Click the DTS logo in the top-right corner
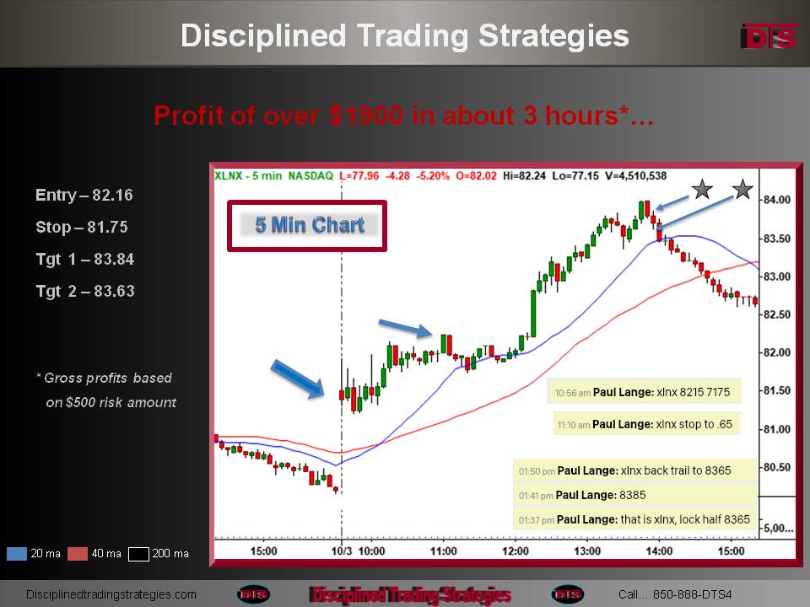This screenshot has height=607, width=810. coord(769,36)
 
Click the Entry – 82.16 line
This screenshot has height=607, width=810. coord(84,195)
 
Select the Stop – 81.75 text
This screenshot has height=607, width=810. coord(82,227)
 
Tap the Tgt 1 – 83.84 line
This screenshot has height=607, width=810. coord(85,259)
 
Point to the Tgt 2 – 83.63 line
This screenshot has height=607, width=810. coord(85,291)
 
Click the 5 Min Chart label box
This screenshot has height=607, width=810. coord(307,226)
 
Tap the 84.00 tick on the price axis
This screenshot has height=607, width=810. coord(776,200)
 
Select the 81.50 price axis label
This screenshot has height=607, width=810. coord(776,390)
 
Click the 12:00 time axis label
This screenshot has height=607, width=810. coord(515,551)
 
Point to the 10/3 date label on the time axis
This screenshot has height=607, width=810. coord(342,551)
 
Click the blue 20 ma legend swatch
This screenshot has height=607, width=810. coord(17,554)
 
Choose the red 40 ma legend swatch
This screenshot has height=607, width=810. coord(78,554)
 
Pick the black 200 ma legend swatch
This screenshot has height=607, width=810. coord(138,554)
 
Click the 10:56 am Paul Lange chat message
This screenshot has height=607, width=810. coord(644,392)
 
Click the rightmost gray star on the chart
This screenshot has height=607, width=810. coord(742,190)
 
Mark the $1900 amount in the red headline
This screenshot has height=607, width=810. coord(366,115)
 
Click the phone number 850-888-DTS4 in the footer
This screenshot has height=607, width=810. coord(692,594)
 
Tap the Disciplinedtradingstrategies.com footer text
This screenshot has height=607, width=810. coord(111,594)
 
